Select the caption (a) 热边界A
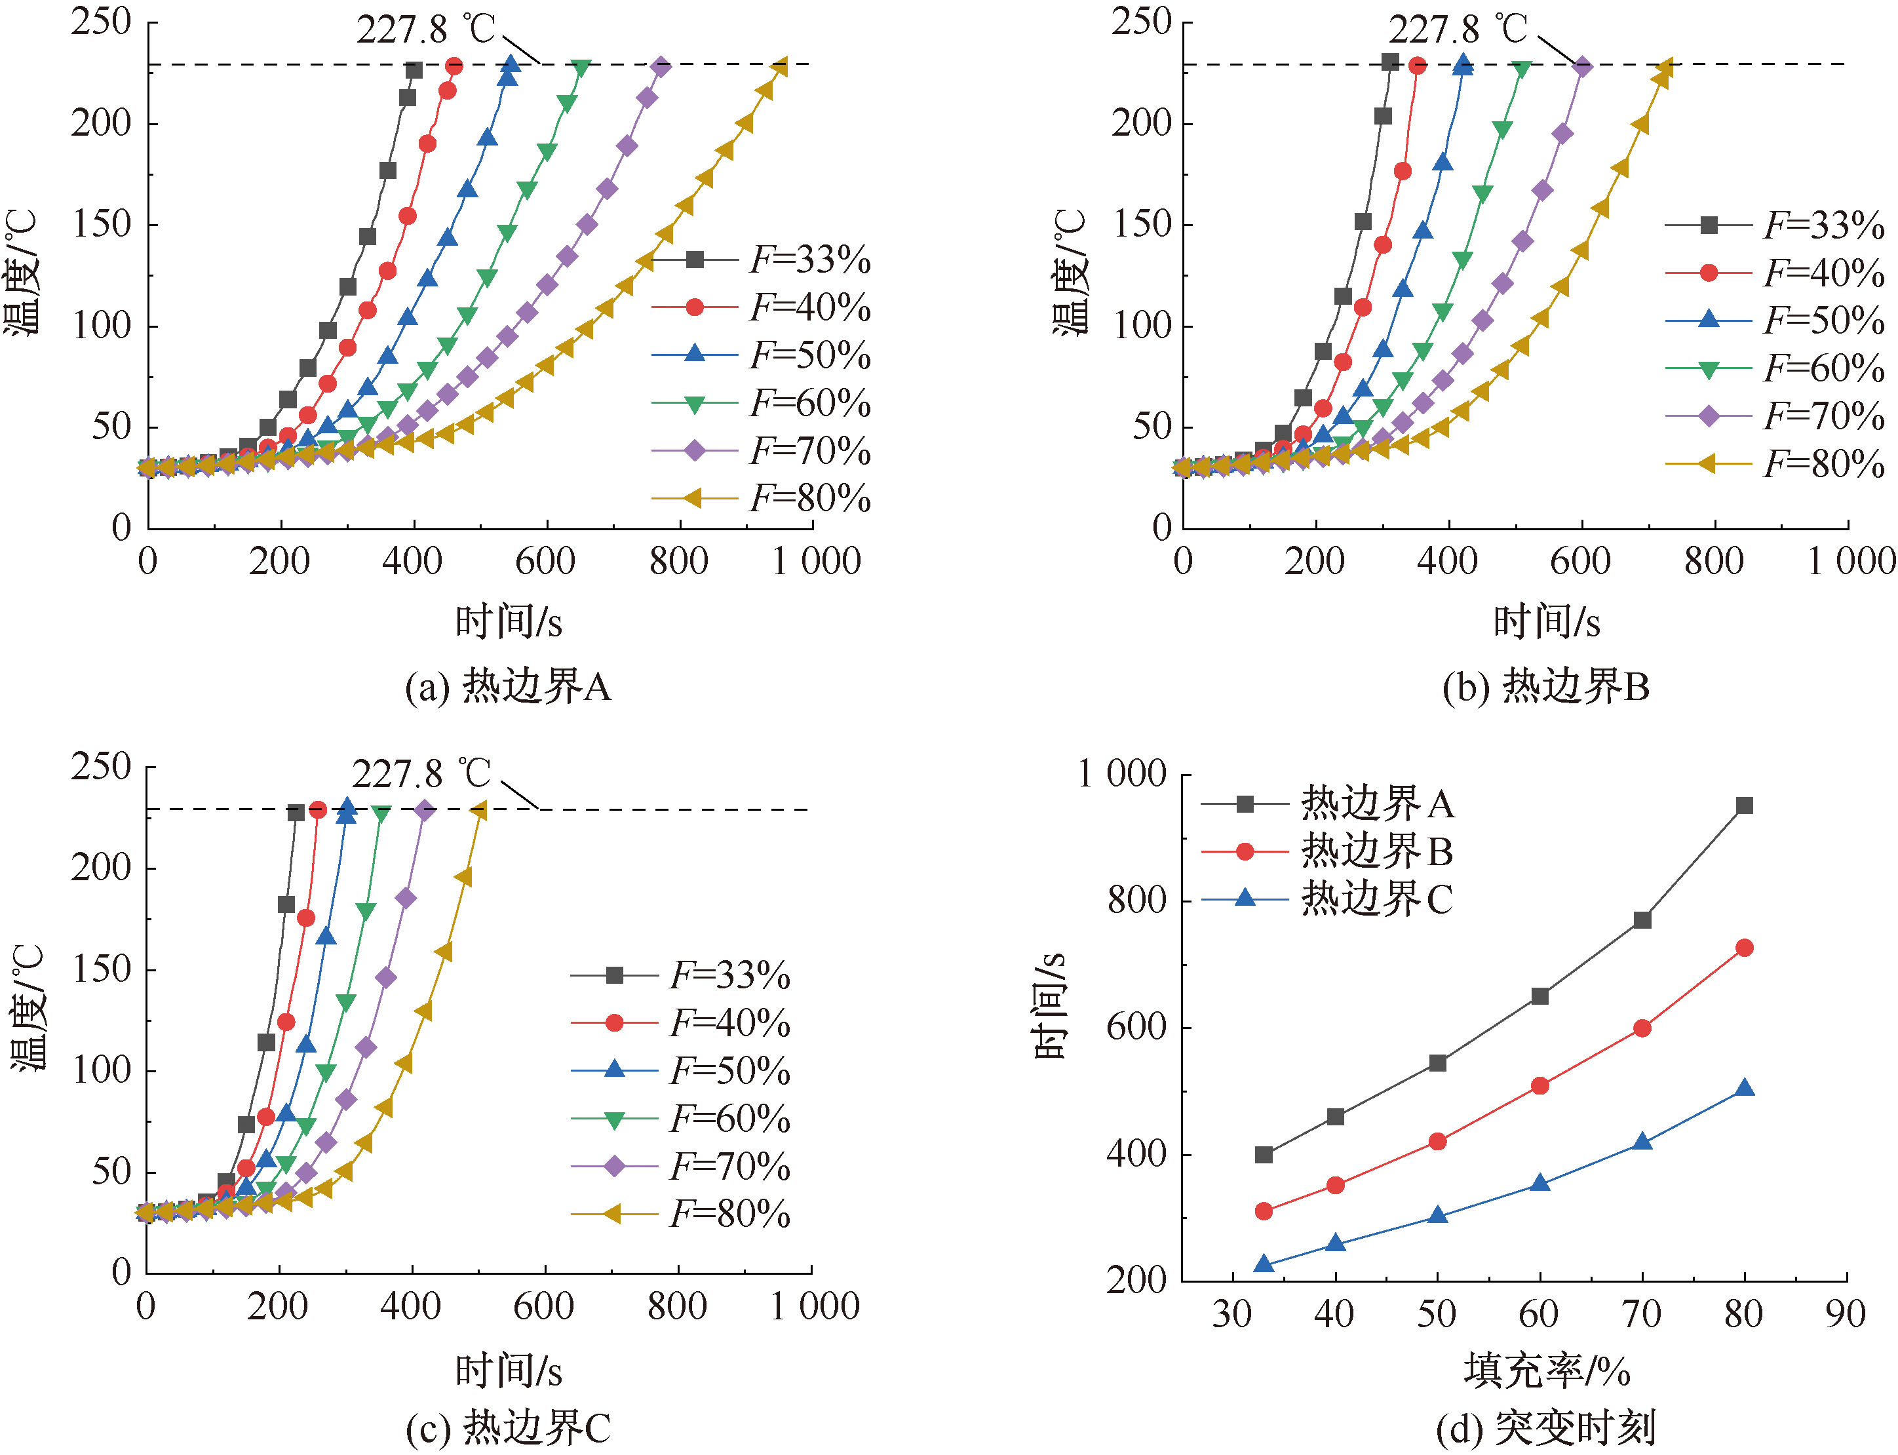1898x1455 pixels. [509, 687]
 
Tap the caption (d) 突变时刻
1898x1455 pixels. [1545, 1428]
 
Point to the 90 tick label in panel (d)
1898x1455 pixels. [1845, 1315]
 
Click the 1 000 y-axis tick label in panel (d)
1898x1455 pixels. [1122, 773]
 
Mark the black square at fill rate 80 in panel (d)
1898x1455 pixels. [1745, 806]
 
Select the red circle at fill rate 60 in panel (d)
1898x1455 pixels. [1540, 1086]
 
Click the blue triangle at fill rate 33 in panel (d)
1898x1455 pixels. [1264, 1264]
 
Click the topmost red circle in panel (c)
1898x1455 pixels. [318, 810]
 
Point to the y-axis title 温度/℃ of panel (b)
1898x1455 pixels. [1070, 271]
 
